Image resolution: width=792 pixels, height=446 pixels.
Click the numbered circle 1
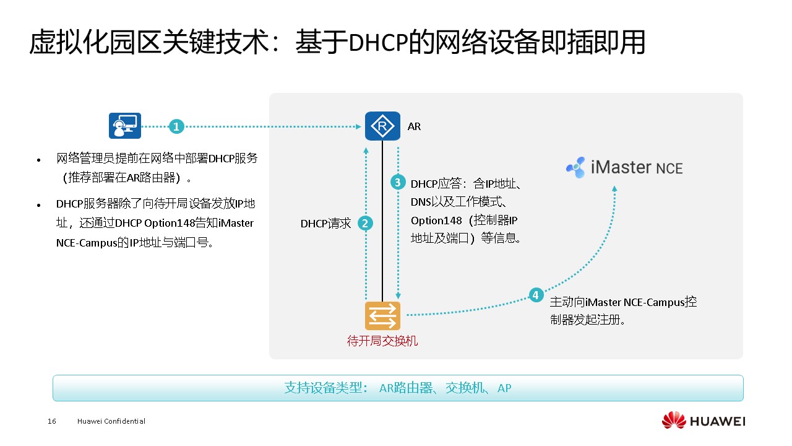click(176, 126)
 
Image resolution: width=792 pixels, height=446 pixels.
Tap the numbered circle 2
click(365, 224)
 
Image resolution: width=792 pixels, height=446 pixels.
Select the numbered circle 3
click(398, 182)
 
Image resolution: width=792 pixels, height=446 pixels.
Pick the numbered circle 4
click(536, 295)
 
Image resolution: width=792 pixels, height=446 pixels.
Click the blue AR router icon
click(382, 126)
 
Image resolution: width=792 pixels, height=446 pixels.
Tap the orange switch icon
click(382, 316)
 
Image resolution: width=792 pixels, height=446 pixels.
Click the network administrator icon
click(125, 126)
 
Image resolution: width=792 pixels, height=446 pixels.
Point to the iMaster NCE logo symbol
click(575, 167)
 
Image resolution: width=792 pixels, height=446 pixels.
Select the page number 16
click(51, 421)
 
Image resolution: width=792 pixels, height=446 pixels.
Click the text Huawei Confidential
click(111, 421)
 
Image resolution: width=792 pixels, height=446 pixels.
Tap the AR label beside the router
click(414, 126)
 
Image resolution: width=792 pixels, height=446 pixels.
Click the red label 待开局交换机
click(382, 341)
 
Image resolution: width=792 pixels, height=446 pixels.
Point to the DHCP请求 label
click(325, 224)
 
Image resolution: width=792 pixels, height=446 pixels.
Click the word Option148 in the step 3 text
click(436, 221)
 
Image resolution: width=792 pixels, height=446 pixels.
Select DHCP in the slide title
click(378, 43)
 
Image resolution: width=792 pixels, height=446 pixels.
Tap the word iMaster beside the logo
click(621, 167)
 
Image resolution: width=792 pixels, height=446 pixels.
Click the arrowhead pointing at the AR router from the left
click(358, 126)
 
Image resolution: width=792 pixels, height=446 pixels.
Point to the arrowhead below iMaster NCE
click(614, 189)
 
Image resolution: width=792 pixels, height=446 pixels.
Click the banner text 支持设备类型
click(323, 388)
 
